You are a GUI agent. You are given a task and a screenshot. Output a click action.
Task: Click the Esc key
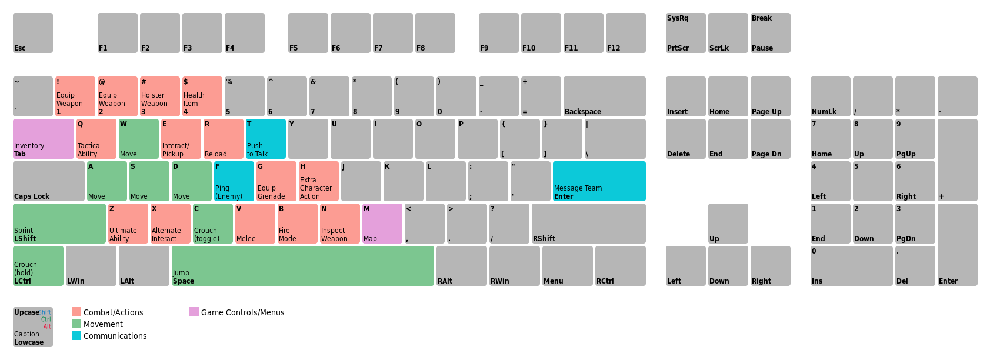pyautogui.click(x=33, y=33)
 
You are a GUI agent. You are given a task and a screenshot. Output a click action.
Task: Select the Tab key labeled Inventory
pyautogui.click(x=44, y=139)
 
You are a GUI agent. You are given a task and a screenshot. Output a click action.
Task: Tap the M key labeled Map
pyautogui.click(x=382, y=224)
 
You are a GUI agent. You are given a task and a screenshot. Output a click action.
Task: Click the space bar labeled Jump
pyautogui.click(x=303, y=266)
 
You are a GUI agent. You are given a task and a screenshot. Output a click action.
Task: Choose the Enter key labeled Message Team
pyautogui.click(x=599, y=181)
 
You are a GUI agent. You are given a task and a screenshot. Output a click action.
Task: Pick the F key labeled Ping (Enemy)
pyautogui.click(x=234, y=181)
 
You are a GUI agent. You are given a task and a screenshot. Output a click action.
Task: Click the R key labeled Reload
pyautogui.click(x=223, y=139)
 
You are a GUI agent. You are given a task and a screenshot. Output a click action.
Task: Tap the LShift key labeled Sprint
pyautogui.click(x=59, y=224)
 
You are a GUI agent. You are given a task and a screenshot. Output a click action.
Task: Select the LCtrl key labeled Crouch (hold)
pyautogui.click(x=38, y=266)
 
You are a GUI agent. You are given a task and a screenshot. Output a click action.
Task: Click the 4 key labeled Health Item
pyautogui.click(x=202, y=96)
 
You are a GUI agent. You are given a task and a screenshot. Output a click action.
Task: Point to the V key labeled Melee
pyautogui.click(x=255, y=224)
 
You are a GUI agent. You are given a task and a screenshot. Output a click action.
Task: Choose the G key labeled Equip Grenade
pyautogui.click(x=276, y=181)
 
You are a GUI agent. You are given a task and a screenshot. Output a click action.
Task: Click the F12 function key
pyautogui.click(x=626, y=33)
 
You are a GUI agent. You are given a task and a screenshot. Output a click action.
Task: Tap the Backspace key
pyautogui.click(x=605, y=96)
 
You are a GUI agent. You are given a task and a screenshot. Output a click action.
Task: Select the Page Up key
pyautogui.click(x=771, y=96)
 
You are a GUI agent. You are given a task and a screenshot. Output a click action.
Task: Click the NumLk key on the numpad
pyautogui.click(x=831, y=96)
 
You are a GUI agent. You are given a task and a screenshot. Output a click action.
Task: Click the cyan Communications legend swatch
pyautogui.click(x=76, y=335)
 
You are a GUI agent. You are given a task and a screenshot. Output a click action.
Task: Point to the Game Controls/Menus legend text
pyautogui.click(x=242, y=312)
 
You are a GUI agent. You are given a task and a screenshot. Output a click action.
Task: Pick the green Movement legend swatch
pyautogui.click(x=76, y=324)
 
